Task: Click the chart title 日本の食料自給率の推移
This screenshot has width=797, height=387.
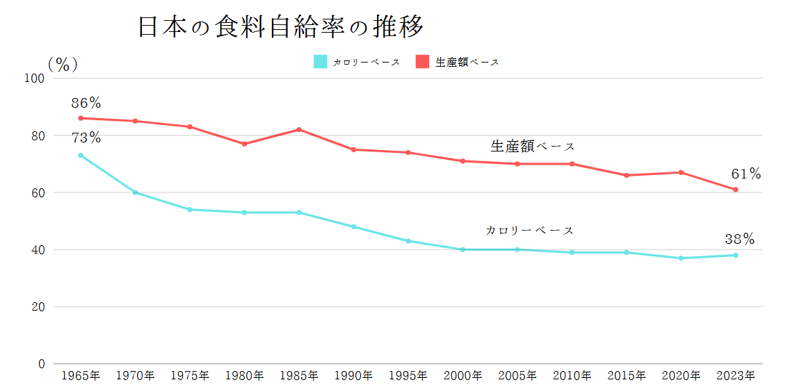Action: (x=280, y=28)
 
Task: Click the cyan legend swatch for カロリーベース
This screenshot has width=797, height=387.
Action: (x=320, y=62)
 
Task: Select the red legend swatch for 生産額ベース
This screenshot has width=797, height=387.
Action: (x=422, y=62)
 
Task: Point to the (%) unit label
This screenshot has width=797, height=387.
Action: (x=63, y=64)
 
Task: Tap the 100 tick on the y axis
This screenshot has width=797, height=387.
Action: (x=35, y=79)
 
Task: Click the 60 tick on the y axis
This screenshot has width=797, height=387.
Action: (x=38, y=192)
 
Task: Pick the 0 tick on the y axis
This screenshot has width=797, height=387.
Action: (x=41, y=363)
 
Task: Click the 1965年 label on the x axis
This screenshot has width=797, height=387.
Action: (x=81, y=376)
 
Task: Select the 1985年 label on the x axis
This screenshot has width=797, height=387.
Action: (x=299, y=376)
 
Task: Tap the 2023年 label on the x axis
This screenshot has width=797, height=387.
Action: (x=735, y=376)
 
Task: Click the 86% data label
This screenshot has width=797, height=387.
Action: (x=86, y=104)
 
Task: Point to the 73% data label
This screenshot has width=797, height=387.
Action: (x=86, y=138)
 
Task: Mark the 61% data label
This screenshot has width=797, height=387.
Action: (x=746, y=174)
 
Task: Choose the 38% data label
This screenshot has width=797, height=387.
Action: (x=739, y=239)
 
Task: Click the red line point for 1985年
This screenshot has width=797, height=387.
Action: (x=299, y=129)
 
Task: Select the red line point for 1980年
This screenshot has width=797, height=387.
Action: (x=244, y=144)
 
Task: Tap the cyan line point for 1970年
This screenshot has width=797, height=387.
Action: (x=135, y=192)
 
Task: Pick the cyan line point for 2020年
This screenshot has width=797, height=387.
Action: (x=681, y=258)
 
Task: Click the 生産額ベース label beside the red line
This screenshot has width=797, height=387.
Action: (x=533, y=147)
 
